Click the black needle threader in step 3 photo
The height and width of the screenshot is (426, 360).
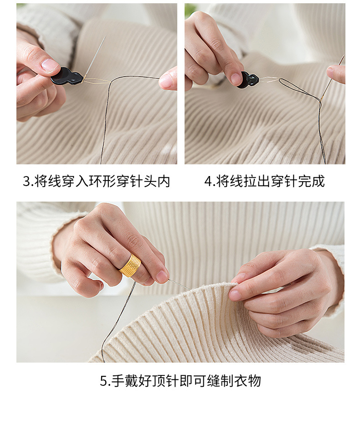coord(67,76)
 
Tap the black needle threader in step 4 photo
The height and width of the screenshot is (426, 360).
coord(248,80)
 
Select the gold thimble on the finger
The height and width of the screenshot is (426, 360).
coord(130,265)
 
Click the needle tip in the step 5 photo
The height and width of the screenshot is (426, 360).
coord(188,288)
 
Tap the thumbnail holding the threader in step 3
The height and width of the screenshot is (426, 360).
coord(50,65)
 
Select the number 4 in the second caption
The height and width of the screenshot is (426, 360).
coord(208,182)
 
